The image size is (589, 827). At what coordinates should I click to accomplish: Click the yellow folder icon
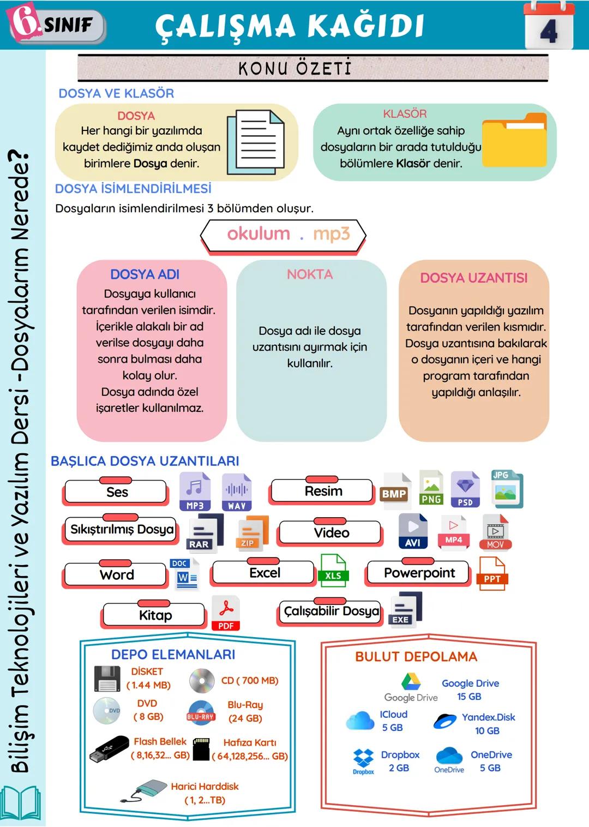coord(514,140)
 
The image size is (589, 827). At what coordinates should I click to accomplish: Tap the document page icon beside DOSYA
coord(256,141)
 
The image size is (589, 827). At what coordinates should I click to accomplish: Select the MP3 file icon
coord(195,492)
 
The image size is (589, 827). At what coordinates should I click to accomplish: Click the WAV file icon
coord(237,492)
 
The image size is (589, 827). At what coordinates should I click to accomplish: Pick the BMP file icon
coord(395,492)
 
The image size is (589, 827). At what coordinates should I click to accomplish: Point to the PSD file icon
coord(465,489)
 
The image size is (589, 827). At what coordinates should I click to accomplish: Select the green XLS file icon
coord(333,571)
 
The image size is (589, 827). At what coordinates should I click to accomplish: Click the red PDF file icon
coord(226,613)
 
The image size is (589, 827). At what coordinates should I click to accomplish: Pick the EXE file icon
coord(406,609)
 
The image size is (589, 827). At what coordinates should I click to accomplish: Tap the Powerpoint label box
coord(419,573)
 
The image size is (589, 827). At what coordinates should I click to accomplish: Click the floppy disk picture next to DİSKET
coord(107,679)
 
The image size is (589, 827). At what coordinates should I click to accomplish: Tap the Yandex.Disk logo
coord(445,721)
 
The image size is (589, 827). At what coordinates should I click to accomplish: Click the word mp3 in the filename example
coord(331,233)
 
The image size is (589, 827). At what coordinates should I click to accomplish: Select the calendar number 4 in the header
coord(549,31)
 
